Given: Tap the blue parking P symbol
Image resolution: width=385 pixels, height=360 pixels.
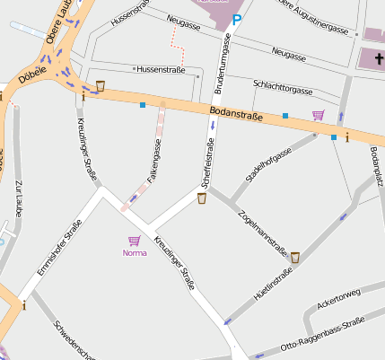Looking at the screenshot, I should tap(237, 19).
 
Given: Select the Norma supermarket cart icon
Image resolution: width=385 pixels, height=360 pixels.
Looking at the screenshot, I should tap(134, 241).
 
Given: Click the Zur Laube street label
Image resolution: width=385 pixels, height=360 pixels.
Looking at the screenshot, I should tap(17, 198).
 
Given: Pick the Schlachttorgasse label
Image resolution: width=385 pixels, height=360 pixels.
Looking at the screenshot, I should tap(283, 86).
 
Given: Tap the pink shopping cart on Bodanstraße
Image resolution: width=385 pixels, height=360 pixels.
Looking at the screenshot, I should tap(318, 115).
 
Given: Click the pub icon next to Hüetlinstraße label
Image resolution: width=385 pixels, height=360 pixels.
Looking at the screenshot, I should tap(294, 259).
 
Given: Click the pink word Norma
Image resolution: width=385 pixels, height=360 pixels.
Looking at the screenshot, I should tap(134, 253).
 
